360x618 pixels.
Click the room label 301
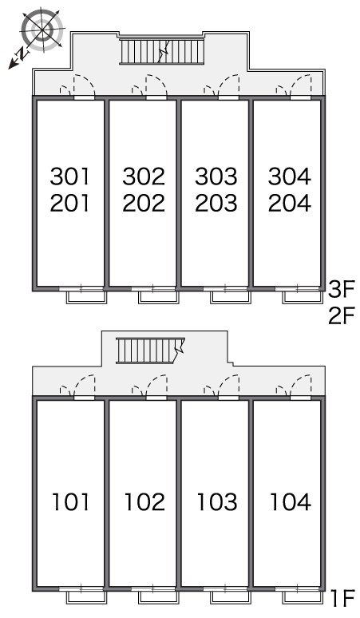click(x=69, y=176)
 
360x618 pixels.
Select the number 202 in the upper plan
click(x=144, y=203)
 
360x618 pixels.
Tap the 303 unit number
click(x=216, y=176)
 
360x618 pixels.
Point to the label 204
click(x=290, y=203)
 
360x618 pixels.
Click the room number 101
click(x=71, y=501)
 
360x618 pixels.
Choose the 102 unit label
click(x=144, y=501)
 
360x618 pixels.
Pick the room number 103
click(x=217, y=501)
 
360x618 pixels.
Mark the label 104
click(x=291, y=501)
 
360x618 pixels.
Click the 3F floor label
click(x=342, y=289)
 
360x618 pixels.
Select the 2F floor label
click(x=342, y=315)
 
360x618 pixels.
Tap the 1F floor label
click(x=343, y=599)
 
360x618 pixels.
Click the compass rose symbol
click(x=42, y=30)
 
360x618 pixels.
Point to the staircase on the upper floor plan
click(x=162, y=51)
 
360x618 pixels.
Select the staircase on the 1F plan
click(x=150, y=350)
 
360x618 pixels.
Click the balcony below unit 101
click(x=86, y=598)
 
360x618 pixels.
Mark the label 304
click(x=290, y=176)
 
